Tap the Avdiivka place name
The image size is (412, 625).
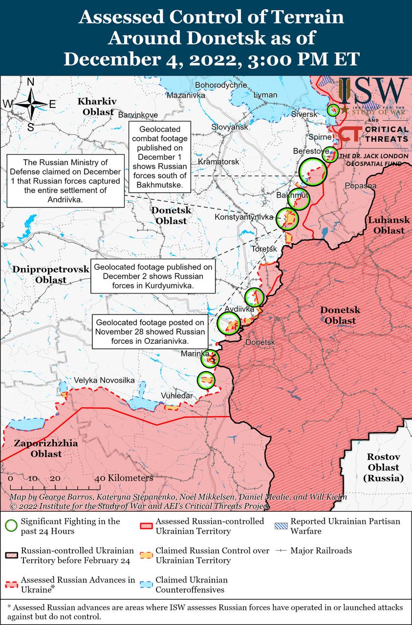(239, 309)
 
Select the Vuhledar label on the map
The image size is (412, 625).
(177, 396)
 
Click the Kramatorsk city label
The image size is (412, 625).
(218, 161)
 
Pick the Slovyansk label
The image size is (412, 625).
(230, 127)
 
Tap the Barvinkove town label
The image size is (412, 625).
(138, 115)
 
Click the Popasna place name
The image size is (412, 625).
(361, 186)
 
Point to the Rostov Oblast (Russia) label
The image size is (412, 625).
(384, 468)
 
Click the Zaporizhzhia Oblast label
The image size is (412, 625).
(38, 449)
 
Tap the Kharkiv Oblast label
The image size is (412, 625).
(97, 106)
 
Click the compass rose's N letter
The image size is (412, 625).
(30, 83)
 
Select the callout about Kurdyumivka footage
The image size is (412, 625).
(153, 276)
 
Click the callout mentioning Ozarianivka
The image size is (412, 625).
(150, 332)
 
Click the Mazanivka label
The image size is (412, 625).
(186, 95)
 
